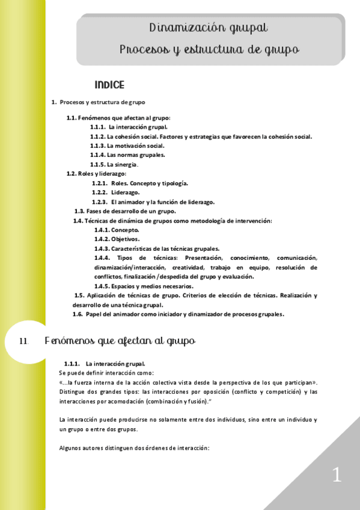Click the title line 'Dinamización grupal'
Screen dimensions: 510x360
click(209, 28)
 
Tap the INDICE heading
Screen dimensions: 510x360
click(109, 85)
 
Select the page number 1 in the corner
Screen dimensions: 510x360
click(337, 475)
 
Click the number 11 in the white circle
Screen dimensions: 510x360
click(24, 341)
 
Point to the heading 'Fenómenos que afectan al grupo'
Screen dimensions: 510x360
click(120, 341)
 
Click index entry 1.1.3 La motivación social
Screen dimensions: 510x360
click(127, 146)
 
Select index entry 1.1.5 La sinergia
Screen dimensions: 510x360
click(114, 164)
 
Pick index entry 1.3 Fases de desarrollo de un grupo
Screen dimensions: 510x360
click(125, 211)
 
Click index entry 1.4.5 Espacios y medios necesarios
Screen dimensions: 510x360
click(144, 286)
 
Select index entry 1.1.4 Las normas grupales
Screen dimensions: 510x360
click(127, 155)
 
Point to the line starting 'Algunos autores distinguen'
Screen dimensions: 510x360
click(134, 448)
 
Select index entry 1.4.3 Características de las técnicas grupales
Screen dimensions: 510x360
click(157, 248)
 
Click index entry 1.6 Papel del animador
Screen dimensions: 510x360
click(178, 314)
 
